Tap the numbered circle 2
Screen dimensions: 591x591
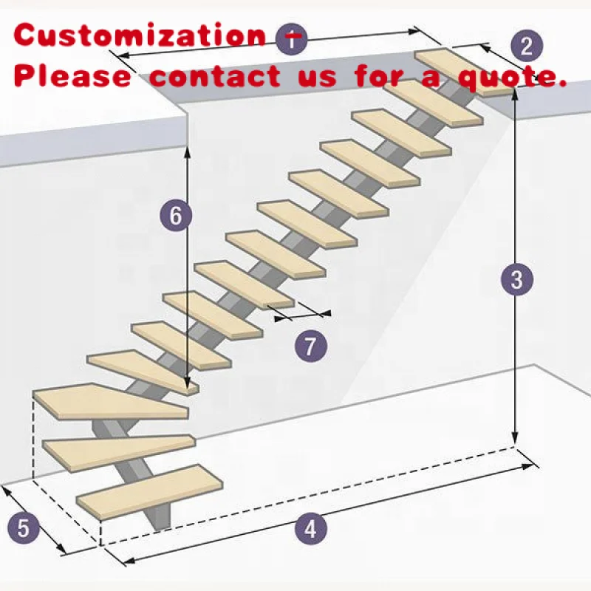[526, 46]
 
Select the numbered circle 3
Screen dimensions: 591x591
[516, 279]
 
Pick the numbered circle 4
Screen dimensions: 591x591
[310, 529]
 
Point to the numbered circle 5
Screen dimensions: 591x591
[23, 528]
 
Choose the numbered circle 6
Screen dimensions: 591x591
[175, 216]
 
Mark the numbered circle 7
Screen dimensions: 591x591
[310, 345]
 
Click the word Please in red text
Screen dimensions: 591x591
[73, 75]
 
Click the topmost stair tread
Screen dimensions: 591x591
[464, 72]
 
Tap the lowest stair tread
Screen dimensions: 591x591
[151, 491]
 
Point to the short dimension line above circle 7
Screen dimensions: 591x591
[302, 316]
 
